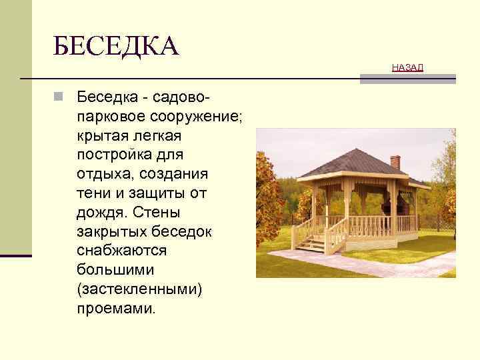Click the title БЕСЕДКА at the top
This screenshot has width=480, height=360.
pos(117,47)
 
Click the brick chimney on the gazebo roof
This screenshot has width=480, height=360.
pos(395,161)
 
